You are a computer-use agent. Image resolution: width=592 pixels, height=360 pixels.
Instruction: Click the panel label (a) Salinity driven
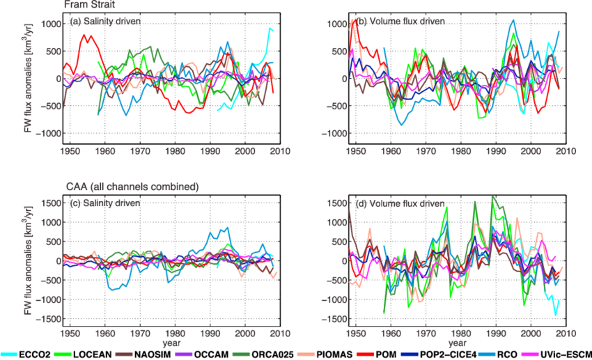(105, 22)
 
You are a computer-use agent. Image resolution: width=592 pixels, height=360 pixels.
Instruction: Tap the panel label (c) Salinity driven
(105, 203)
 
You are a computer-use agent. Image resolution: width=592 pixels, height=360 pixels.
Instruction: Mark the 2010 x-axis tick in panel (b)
(563, 149)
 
